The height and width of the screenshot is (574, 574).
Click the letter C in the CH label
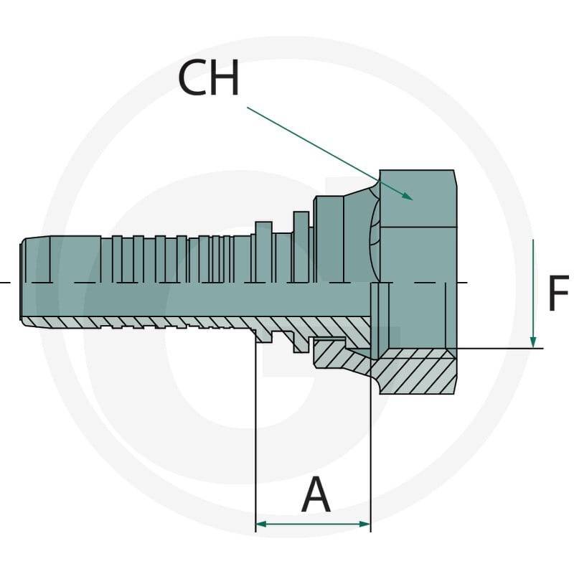(192, 77)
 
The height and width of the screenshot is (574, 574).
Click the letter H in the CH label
(225, 77)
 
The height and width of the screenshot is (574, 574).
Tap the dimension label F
(559, 293)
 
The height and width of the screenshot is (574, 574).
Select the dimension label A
(316, 494)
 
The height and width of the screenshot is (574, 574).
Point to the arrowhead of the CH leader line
(408, 197)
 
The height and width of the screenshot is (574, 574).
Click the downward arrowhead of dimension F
(533, 342)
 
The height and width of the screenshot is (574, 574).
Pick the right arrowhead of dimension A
(365, 524)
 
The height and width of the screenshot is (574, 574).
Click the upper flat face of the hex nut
(418, 199)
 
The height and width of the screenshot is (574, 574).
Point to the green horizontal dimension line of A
(313, 524)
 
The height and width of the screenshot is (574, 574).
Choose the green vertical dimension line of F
(533, 293)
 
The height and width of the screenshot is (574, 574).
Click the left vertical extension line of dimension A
(255, 436)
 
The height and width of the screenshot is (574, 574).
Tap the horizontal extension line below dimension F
(500, 349)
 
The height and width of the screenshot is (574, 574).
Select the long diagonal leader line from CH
(330, 154)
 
